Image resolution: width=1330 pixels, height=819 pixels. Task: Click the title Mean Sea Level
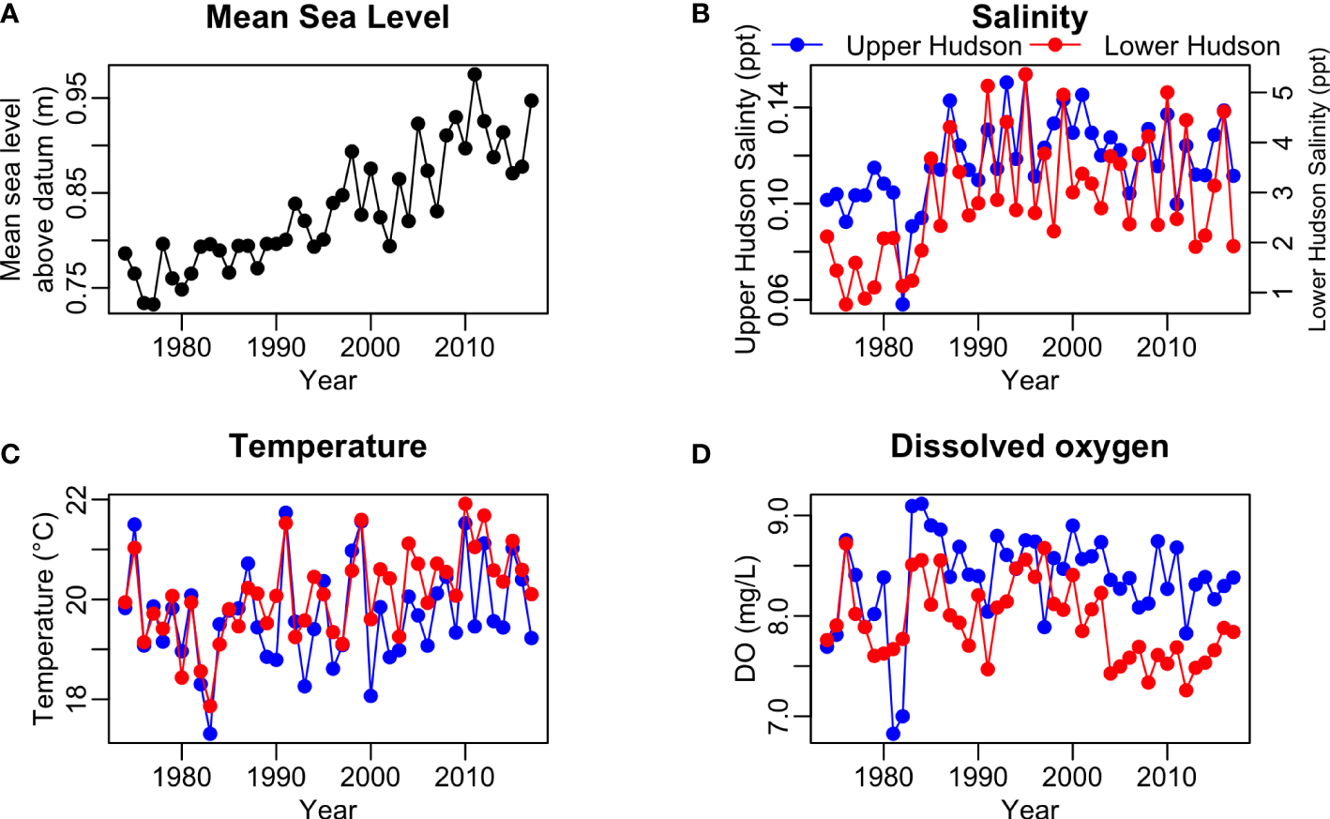tap(327, 18)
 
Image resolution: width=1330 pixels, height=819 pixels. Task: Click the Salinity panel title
tap(1029, 18)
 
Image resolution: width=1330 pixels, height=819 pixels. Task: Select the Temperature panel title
tap(327, 447)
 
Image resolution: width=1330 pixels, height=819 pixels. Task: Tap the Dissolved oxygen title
tap(1029, 447)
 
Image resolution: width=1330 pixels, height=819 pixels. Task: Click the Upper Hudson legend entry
tap(932, 46)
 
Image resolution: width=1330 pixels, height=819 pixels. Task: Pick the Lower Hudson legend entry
tap(1191, 46)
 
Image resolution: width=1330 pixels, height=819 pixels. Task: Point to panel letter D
tap(701, 455)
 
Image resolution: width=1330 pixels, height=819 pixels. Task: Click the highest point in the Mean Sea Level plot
tap(475, 74)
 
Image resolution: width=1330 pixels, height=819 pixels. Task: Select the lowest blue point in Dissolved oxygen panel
tap(893, 734)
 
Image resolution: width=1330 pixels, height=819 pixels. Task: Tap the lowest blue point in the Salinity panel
tap(902, 304)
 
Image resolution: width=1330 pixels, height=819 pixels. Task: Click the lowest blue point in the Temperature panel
tap(210, 734)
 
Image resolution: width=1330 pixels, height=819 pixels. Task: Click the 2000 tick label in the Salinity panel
tap(1072, 347)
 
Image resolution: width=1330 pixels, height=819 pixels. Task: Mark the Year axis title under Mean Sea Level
tap(327, 380)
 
